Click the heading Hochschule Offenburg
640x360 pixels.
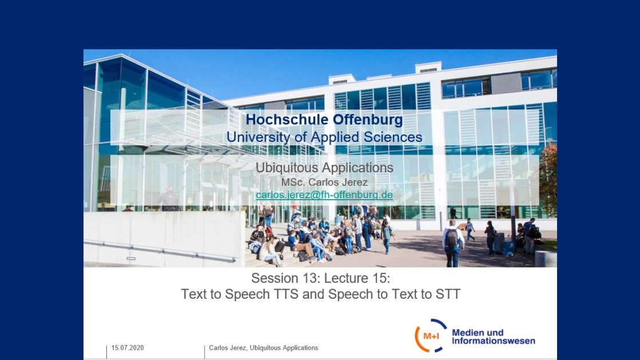(324, 119)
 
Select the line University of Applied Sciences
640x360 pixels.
(324, 137)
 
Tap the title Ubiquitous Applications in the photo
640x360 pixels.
(324, 168)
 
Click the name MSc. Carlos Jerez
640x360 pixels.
(324, 182)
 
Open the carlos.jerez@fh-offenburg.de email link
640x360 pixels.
(324, 195)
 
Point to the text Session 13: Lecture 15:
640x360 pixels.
(320, 278)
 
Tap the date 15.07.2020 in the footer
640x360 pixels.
(128, 348)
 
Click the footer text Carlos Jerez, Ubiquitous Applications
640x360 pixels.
(263, 348)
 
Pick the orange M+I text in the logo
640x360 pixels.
(431, 337)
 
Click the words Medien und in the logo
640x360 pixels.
(478, 333)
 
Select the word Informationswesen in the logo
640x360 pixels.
(493, 341)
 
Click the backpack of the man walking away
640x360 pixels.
(451, 238)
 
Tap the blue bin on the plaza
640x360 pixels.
(508, 248)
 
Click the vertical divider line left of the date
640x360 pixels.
(106, 352)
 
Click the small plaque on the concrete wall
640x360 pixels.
(130, 259)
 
